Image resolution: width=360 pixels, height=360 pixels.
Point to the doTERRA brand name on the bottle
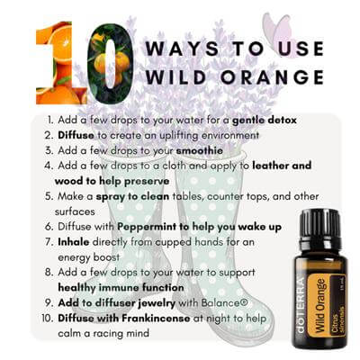pyautogui.click(x=301, y=305)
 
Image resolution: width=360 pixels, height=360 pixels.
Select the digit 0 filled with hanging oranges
pyautogui.click(x=110, y=64)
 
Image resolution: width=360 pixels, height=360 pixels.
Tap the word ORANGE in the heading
pyautogui.click(x=273, y=76)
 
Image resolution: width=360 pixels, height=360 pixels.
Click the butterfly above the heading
pyautogui.click(x=277, y=30)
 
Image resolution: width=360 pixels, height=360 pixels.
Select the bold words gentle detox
pyautogui.click(x=265, y=121)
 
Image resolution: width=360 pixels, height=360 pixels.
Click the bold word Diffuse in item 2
pyautogui.click(x=76, y=135)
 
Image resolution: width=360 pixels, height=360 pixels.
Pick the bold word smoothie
pyautogui.click(x=200, y=150)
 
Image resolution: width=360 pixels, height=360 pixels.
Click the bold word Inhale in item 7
pyautogui.click(x=74, y=242)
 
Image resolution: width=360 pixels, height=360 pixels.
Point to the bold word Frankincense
pyautogui.click(x=156, y=318)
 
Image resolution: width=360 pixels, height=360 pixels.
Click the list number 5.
pyautogui.click(x=49, y=196)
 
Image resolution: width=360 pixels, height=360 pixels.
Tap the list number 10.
pyautogui.click(x=47, y=318)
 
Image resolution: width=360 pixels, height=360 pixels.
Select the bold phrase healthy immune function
pyautogui.click(x=121, y=288)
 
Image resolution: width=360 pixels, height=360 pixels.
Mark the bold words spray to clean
pyautogui.click(x=132, y=197)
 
